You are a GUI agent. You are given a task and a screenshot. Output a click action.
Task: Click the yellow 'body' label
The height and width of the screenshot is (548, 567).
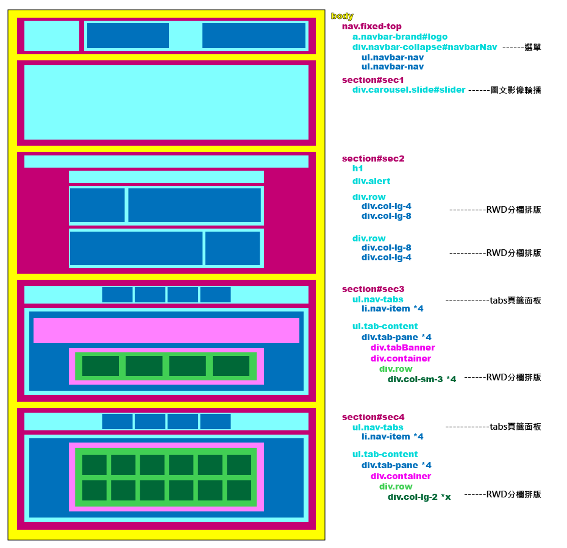(x=342, y=16)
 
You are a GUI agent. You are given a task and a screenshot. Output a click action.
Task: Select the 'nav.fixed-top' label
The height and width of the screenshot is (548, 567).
(x=371, y=27)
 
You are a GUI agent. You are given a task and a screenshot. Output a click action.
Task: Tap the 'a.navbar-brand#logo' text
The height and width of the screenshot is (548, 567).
(x=399, y=37)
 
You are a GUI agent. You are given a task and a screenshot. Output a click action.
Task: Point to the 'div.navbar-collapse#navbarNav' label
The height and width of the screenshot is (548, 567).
(x=424, y=47)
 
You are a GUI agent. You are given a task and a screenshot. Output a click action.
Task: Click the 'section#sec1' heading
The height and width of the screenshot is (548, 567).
(x=373, y=80)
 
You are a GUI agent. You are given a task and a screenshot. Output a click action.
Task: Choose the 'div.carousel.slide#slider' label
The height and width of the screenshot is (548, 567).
(x=408, y=90)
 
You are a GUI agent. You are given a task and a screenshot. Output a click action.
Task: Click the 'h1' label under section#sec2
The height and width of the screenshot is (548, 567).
(x=357, y=169)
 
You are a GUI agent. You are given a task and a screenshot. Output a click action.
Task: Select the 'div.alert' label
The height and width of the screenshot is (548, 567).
(x=371, y=181)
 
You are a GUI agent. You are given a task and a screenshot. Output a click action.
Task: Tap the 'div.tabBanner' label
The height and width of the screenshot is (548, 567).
(x=402, y=347)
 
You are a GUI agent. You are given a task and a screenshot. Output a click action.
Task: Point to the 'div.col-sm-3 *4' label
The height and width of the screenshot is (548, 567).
(x=421, y=379)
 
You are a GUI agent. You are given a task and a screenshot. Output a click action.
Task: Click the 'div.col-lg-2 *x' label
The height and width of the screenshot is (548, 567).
(x=419, y=497)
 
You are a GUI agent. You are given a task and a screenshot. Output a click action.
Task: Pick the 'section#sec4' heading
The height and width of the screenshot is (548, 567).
(x=373, y=417)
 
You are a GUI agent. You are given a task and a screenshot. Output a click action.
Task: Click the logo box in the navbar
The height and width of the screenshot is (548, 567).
(x=52, y=36)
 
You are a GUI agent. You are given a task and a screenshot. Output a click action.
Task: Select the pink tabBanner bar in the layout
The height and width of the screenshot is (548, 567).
(x=166, y=330)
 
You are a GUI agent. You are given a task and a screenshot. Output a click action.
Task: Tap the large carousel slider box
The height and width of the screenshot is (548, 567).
(x=166, y=103)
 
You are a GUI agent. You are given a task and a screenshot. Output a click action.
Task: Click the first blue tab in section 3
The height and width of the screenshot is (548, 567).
(x=117, y=295)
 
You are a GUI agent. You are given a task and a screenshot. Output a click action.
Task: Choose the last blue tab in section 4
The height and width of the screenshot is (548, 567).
(x=215, y=421)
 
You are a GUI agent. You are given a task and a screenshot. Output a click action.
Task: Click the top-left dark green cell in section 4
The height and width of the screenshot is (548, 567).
(x=94, y=464)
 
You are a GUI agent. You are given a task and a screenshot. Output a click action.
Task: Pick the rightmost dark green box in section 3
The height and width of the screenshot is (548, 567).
(x=231, y=366)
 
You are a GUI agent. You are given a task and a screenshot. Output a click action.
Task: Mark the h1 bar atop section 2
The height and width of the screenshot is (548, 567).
(x=166, y=162)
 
